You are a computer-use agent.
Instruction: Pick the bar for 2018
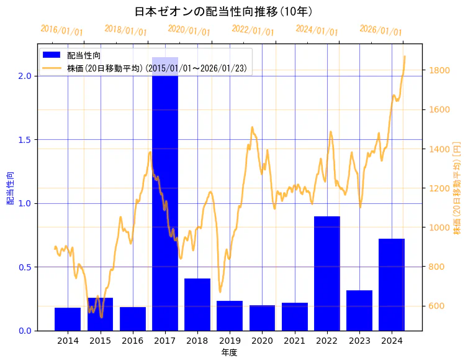click(197, 305)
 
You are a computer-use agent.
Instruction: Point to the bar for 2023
click(359, 310)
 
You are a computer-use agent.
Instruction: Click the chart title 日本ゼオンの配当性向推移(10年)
click(223, 12)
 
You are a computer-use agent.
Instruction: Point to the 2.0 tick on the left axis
click(24, 76)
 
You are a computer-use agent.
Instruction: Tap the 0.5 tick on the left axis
click(24, 267)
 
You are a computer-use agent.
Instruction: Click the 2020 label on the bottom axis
click(262, 341)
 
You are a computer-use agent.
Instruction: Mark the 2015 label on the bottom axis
click(100, 341)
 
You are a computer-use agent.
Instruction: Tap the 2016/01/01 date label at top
click(61, 30)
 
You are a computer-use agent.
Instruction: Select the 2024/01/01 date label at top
click(317, 30)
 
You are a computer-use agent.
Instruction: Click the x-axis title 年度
click(229, 352)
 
